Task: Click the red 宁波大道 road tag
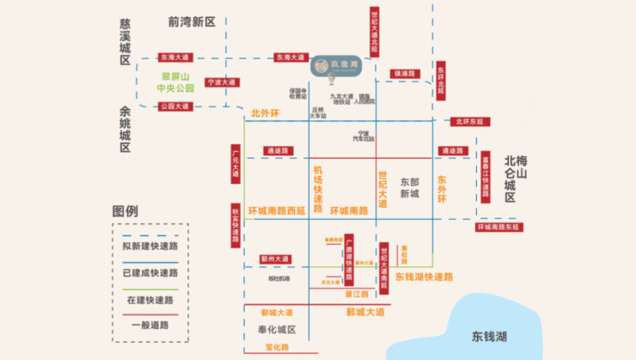tap(220, 83)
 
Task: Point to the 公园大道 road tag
tap(174, 107)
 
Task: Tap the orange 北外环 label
tap(266, 113)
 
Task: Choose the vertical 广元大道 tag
tap(235, 162)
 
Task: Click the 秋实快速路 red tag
tap(235, 225)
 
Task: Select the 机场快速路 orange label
tap(318, 189)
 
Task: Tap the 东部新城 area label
tap(410, 187)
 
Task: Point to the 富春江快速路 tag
tap(486, 175)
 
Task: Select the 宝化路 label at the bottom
tap(278, 347)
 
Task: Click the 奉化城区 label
tap(272, 330)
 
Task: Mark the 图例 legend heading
tap(125, 211)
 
